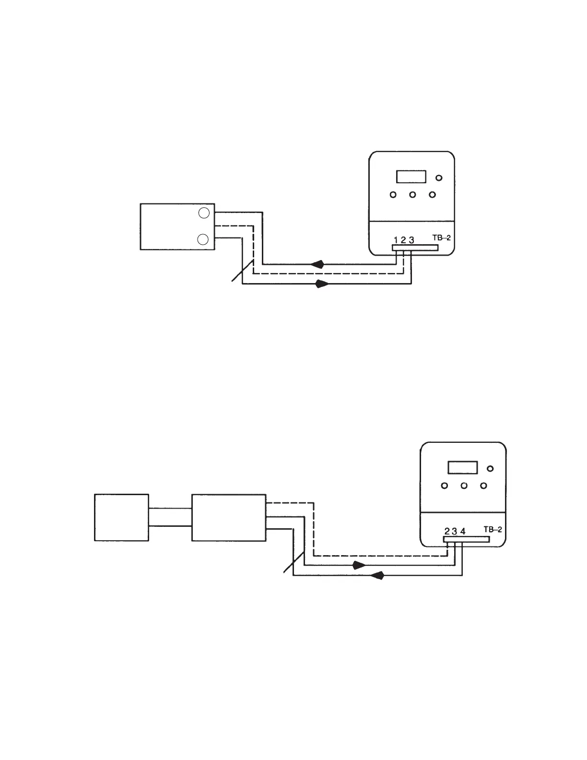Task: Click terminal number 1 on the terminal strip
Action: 396,240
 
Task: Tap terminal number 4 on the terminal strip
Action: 463,532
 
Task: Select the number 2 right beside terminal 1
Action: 403,240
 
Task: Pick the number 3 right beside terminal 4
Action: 455,532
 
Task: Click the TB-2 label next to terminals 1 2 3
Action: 442,238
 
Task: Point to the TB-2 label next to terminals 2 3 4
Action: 493,530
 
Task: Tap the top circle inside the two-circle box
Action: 204,213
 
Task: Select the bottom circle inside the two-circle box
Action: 203,239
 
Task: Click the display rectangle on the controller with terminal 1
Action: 411,177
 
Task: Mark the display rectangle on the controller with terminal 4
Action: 463,468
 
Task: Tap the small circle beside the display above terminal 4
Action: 490,469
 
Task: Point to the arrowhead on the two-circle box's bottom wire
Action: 322,284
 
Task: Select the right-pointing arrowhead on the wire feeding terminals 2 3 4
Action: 359,565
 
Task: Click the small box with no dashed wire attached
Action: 122,518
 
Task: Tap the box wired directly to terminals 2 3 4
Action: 229,518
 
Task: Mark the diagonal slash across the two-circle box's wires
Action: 243,271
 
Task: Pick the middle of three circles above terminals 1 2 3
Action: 412,194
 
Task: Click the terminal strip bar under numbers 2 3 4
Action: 466,539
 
